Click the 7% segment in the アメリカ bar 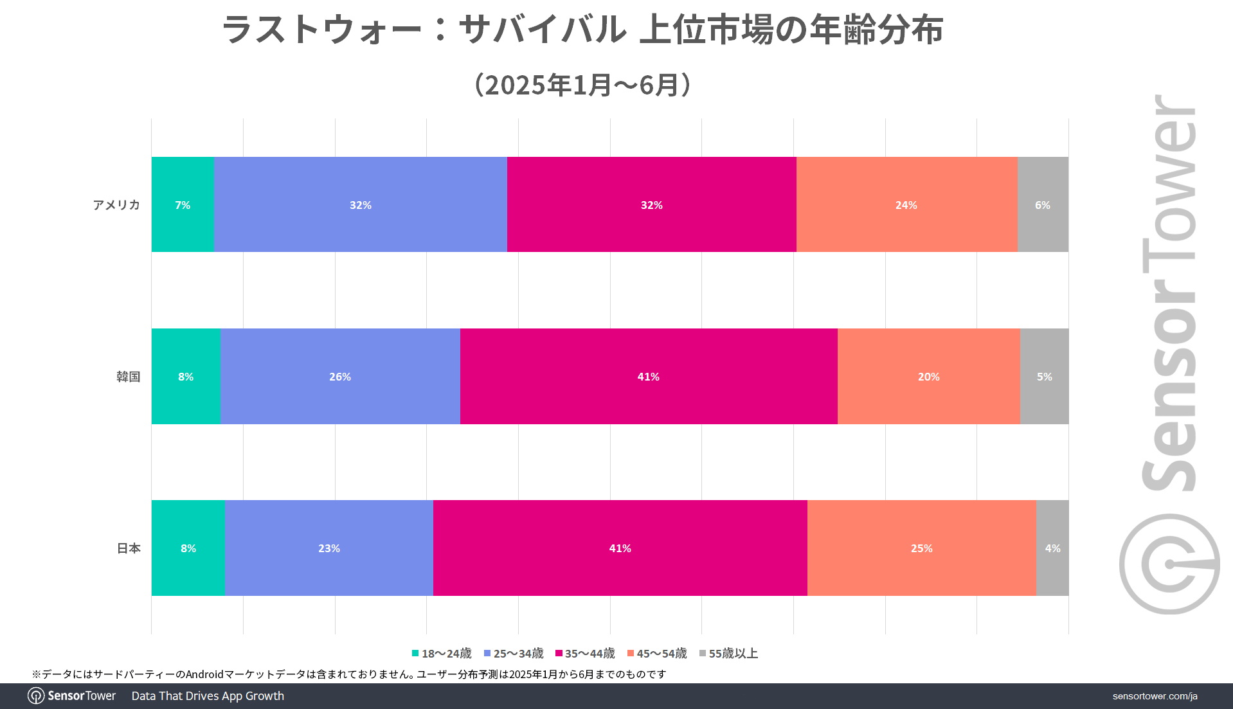183,204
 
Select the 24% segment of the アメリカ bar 906,204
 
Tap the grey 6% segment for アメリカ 1043,204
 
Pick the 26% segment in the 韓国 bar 340,376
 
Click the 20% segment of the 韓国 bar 928,376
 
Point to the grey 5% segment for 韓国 1044,376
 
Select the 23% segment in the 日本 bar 328,548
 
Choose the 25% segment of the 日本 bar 921,548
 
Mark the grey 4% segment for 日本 1052,548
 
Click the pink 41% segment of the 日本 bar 620,548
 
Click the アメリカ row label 116,205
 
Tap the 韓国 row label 128,377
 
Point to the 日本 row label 129,548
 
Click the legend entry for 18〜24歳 442,653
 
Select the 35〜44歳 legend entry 585,653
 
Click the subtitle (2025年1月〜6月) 582,85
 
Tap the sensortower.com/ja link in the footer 1155,696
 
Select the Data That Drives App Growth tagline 208,696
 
